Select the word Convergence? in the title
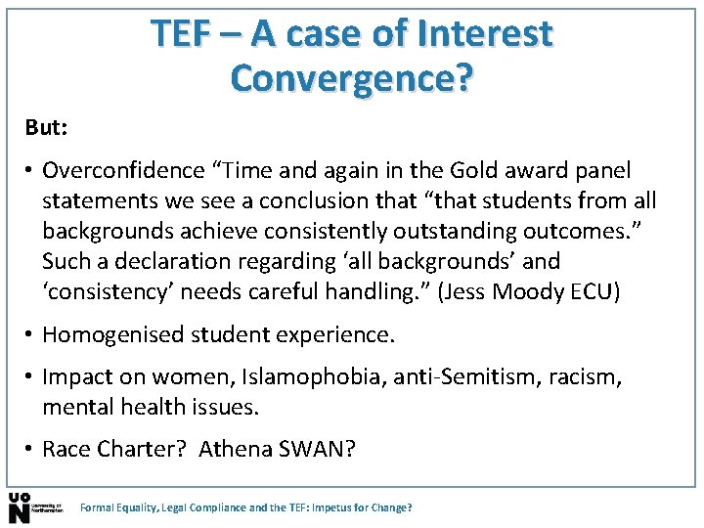click(350, 77)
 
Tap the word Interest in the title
click(485, 34)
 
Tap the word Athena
click(230, 450)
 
